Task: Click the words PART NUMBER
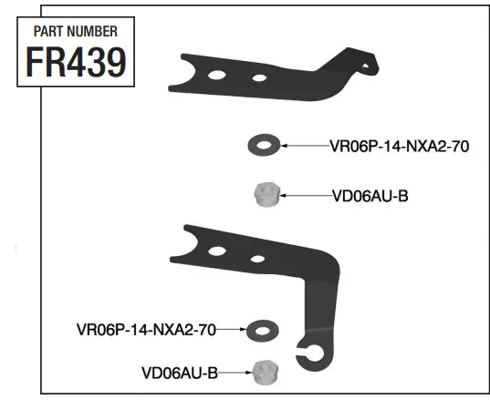point(75,31)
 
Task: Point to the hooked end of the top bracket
point(366,65)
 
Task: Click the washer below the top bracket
point(264,144)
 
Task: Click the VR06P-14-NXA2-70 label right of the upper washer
point(399,145)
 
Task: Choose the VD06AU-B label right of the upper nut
point(370,194)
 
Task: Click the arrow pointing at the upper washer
point(303,145)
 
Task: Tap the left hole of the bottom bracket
point(217,251)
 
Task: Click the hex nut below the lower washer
point(265,372)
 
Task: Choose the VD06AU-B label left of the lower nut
point(179,372)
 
